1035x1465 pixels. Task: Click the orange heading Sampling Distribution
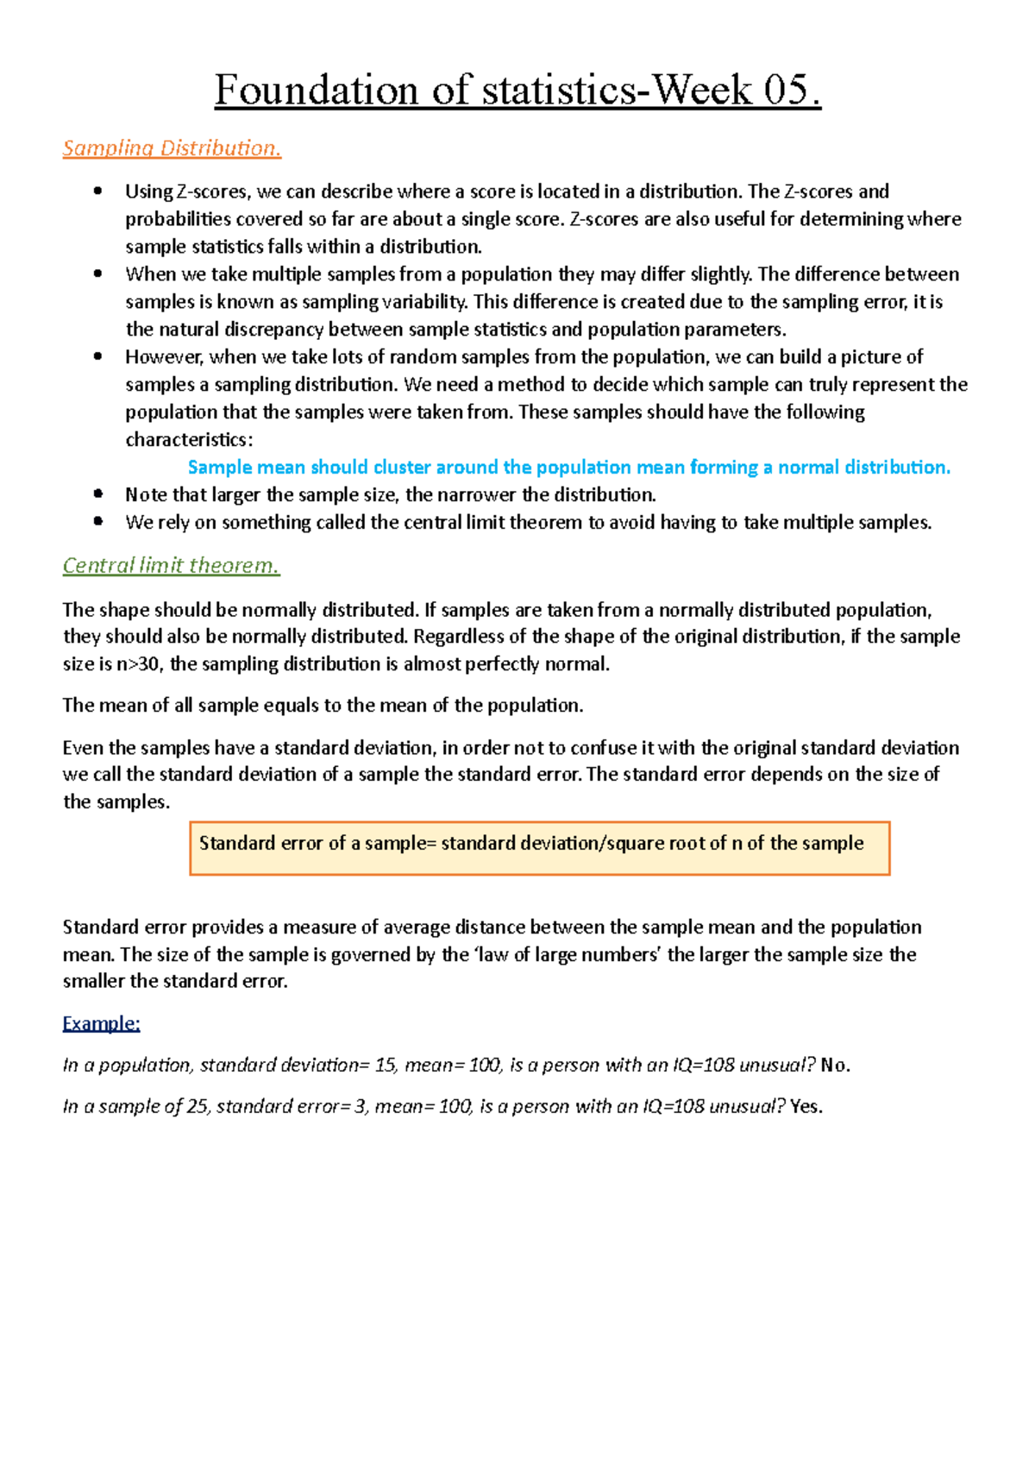tap(172, 148)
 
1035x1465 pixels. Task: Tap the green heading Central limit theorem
tap(171, 566)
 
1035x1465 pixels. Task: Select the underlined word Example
tap(101, 1023)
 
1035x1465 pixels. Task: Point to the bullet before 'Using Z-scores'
tap(97, 192)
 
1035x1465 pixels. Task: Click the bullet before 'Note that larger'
tap(97, 494)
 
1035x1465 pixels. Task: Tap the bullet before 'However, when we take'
tap(97, 356)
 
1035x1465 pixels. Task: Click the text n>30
tap(138, 664)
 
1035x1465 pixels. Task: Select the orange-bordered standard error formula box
tap(539, 848)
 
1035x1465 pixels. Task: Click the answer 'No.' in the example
tap(836, 1066)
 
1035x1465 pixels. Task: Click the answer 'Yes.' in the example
tap(806, 1107)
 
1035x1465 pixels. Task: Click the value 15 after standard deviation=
tap(386, 1066)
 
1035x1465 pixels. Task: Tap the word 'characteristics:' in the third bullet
tap(189, 440)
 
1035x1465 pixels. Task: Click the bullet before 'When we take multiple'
tap(97, 274)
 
